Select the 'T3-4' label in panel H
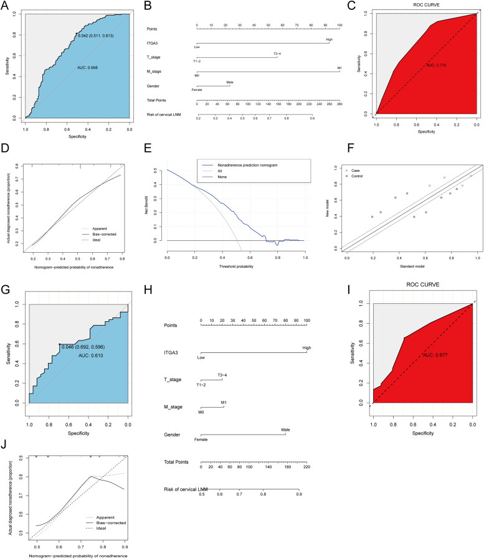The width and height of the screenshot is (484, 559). pos(222,375)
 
